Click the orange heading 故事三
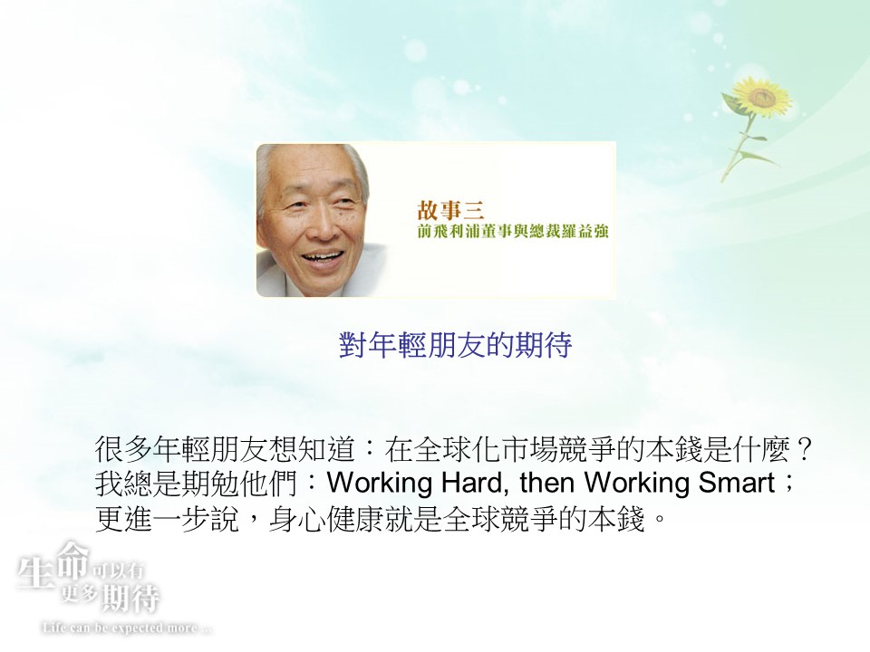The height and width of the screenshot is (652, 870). click(450, 210)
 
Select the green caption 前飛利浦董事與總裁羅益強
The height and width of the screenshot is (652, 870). click(513, 231)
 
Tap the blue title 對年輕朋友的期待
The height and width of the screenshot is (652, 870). click(455, 345)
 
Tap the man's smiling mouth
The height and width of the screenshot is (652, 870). click(322, 258)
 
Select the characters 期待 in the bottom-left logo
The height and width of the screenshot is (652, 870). click(130, 599)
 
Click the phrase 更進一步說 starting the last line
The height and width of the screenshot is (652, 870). click(168, 519)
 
